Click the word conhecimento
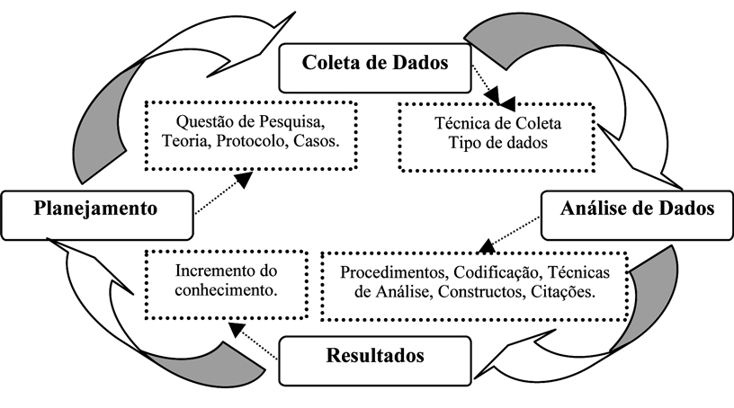(211, 289)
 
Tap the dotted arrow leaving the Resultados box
(256, 338)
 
